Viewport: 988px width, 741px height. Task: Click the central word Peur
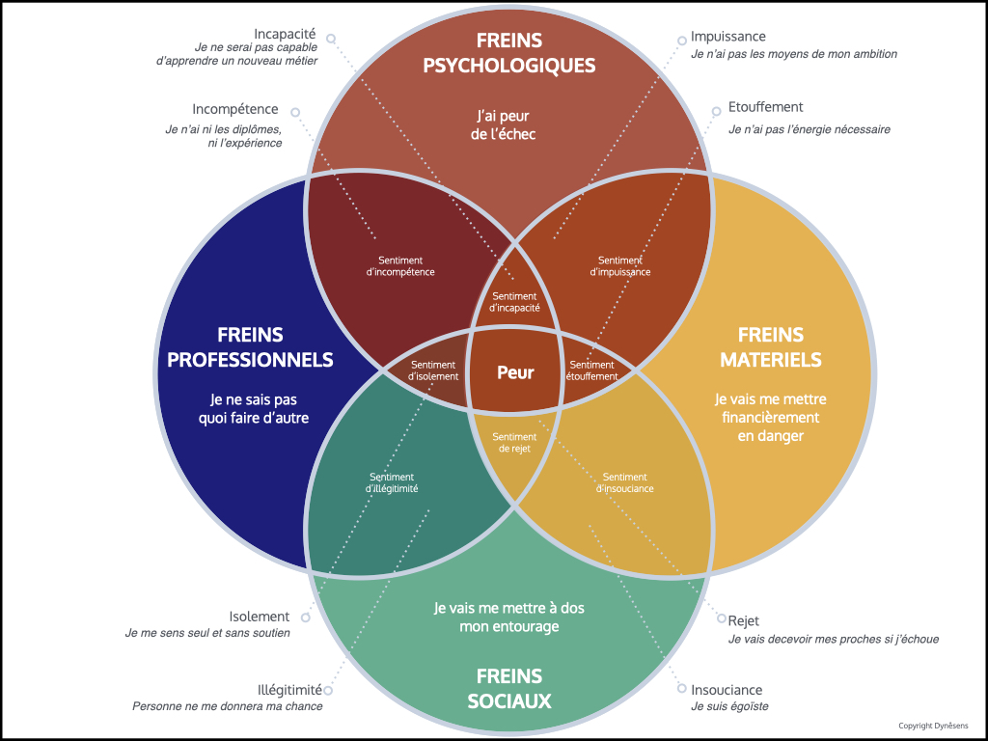click(x=515, y=372)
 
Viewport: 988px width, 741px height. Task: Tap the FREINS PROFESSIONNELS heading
click(x=250, y=347)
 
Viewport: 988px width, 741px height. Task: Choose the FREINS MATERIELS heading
click(x=770, y=347)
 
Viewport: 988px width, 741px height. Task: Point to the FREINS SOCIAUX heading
click(x=509, y=688)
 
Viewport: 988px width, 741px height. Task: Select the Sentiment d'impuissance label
click(x=619, y=266)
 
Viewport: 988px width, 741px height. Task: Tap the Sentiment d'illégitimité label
click(x=392, y=482)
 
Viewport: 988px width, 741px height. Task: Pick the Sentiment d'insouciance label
click(x=624, y=482)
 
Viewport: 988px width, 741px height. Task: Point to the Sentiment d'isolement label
click(x=433, y=370)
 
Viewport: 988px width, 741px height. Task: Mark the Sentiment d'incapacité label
click(x=514, y=302)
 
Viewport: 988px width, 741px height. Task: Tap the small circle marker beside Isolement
click(x=305, y=617)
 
